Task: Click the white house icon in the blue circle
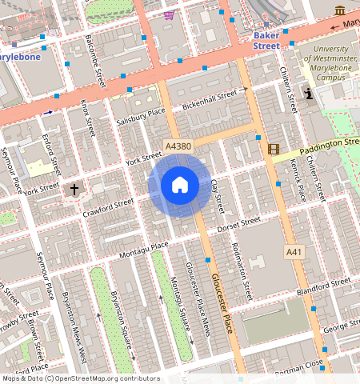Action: pyautogui.click(x=180, y=185)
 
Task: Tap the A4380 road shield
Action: pyautogui.click(x=177, y=146)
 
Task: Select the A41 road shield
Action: pyautogui.click(x=294, y=252)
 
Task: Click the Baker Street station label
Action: pyautogui.click(x=266, y=41)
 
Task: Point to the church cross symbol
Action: pyautogui.click(x=74, y=190)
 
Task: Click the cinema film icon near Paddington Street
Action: pyautogui.click(x=274, y=149)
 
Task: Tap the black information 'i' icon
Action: pyautogui.click(x=310, y=94)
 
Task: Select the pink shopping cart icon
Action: pyautogui.click(x=168, y=14)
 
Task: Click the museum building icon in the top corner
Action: pyautogui.click(x=341, y=10)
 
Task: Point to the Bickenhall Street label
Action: pyautogui.click(x=210, y=100)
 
